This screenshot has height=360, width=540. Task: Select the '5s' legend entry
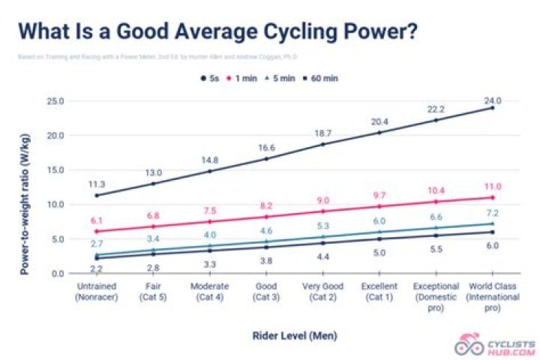211,77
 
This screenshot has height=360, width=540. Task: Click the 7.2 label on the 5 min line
492,214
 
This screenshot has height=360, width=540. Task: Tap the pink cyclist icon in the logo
466,345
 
